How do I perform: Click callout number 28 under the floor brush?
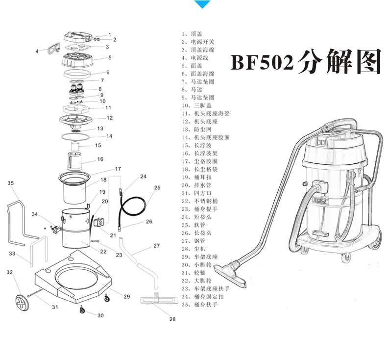(172, 319)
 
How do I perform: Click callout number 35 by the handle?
(11, 183)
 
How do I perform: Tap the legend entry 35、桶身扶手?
(199, 305)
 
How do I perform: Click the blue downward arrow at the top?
(202, 4)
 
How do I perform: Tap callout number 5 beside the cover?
(110, 57)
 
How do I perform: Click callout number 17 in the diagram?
(118, 169)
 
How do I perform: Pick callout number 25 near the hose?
(157, 187)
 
